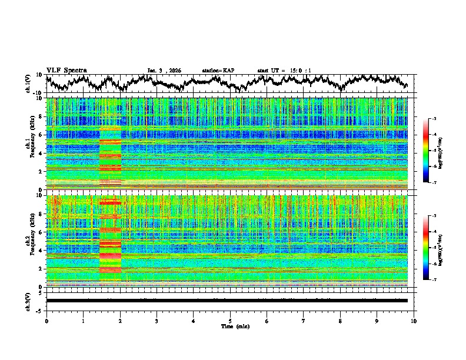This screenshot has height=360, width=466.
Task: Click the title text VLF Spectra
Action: (66, 71)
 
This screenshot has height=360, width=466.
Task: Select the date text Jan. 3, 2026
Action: (164, 71)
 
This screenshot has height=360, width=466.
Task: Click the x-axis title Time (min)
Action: (230, 326)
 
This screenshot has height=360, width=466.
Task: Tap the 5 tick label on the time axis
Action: (230, 321)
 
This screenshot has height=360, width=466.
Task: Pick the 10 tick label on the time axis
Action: (414, 321)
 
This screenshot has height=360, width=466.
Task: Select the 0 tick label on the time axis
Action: (46, 321)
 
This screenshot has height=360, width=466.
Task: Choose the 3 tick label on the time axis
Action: (157, 321)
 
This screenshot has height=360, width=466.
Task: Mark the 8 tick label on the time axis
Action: (340, 321)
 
